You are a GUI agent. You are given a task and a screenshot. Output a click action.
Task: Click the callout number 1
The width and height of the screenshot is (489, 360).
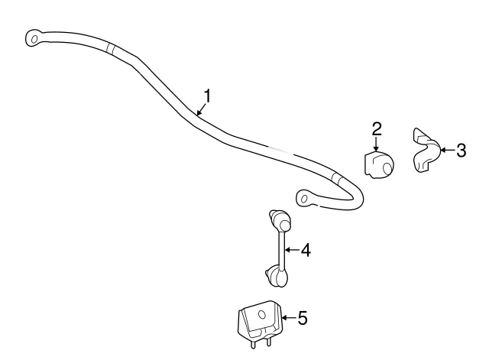tap(206, 96)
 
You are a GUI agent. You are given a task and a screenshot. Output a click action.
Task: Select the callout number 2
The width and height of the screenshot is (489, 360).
tap(377, 128)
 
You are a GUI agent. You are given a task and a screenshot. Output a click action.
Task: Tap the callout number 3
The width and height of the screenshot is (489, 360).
tap(461, 151)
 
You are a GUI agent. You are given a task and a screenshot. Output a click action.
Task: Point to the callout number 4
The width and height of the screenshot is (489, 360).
tap(306, 249)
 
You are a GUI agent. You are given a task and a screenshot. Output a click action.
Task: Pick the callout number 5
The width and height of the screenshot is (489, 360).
tap(302, 317)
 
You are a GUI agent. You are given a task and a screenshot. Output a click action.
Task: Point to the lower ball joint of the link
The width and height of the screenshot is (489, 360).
tap(277, 274)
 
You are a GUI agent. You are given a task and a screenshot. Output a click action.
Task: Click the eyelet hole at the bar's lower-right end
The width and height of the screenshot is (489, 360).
tap(303, 199)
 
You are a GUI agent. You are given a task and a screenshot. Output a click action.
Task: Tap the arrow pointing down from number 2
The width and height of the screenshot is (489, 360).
tap(377, 144)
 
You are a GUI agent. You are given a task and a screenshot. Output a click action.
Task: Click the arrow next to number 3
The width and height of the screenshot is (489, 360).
tap(446, 151)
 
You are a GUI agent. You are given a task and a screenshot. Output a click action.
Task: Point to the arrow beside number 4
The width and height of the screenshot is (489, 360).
tap(293, 249)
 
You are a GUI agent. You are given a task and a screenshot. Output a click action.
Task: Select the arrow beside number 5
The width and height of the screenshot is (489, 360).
tap(288, 317)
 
